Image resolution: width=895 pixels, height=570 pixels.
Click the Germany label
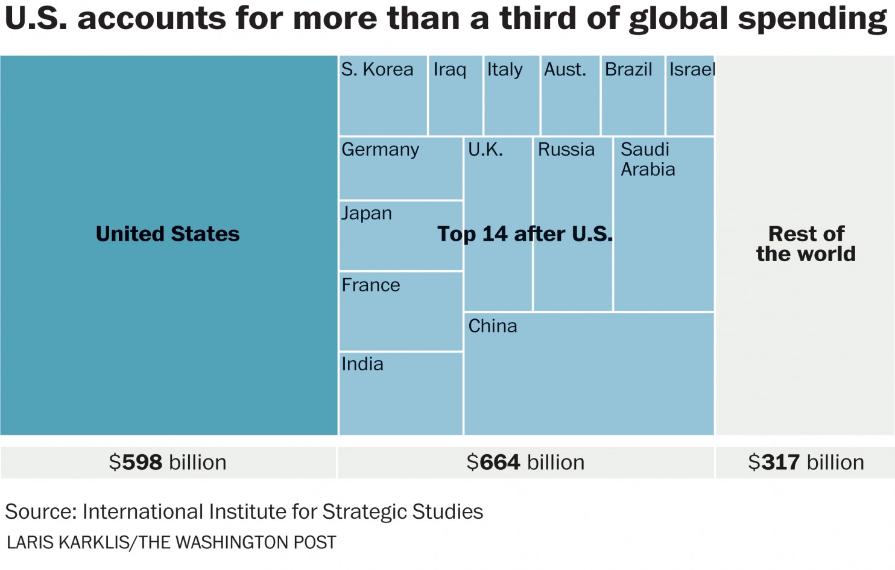(380, 150)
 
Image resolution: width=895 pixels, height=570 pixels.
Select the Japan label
(367, 214)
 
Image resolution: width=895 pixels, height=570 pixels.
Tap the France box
(401, 311)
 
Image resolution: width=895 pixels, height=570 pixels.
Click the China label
(493, 326)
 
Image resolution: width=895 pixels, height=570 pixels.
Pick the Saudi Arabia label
(648, 159)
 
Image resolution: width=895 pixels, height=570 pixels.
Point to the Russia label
(566, 150)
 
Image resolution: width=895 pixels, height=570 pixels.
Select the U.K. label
(485, 150)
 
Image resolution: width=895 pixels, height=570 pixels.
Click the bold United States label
(168, 234)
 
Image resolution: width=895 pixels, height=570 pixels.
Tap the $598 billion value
(168, 463)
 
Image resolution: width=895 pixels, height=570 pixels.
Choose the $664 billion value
(525, 463)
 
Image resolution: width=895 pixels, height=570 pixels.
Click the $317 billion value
(806, 463)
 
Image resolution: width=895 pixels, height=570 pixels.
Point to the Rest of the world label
(806, 244)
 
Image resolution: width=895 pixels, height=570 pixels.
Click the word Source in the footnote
(40, 511)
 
